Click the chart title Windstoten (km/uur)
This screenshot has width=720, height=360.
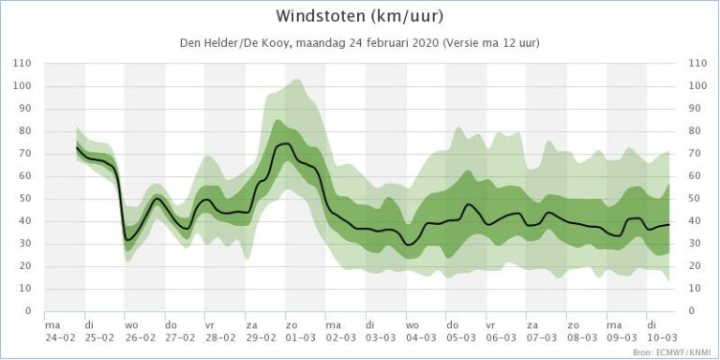(359, 17)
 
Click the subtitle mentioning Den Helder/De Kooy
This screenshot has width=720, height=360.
(359, 43)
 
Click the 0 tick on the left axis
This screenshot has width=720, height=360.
(29, 311)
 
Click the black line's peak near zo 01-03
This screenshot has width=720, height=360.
(283, 143)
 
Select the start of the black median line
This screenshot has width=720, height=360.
(76, 147)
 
